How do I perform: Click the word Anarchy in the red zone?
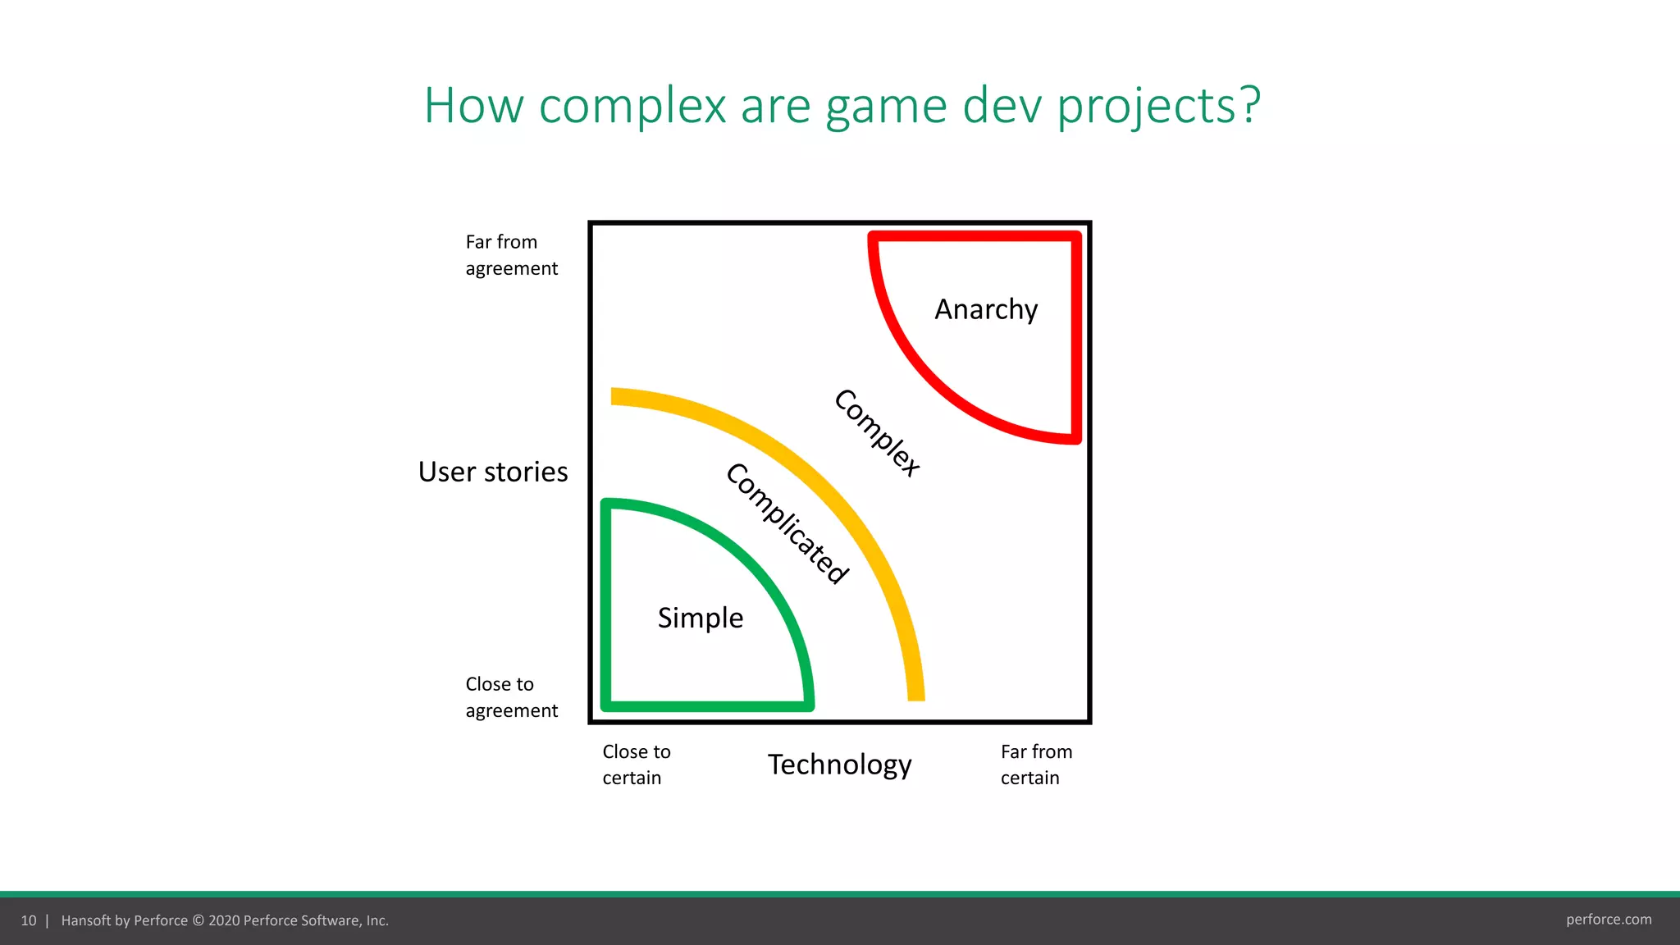coord(986,310)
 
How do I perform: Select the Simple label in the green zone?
coord(701,618)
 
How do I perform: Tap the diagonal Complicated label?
coord(787,523)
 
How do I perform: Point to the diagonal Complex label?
coord(877,432)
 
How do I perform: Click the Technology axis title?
coord(839,765)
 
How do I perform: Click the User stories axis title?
coord(492,472)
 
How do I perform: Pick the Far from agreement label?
coord(510,255)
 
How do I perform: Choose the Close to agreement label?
coord(510,697)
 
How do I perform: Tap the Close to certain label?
coord(636,765)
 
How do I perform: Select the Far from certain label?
coord(1035,765)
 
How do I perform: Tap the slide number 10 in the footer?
coord(29,920)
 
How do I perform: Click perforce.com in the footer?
coord(1608,920)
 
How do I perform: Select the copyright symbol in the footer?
coord(198,920)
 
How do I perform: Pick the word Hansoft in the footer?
coord(85,920)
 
